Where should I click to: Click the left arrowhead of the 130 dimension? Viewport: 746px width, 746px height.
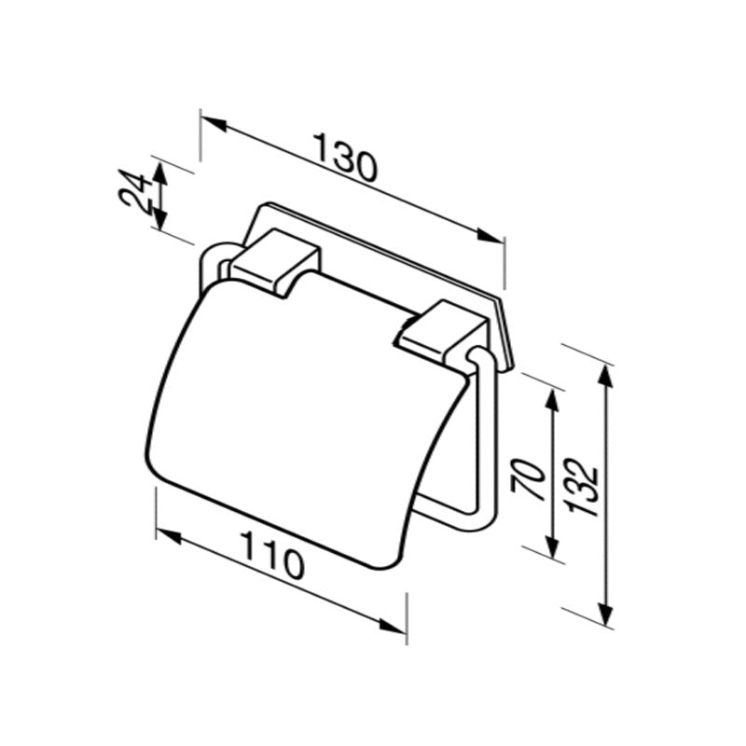click(x=211, y=122)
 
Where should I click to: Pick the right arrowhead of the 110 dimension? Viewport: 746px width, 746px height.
click(x=395, y=629)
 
